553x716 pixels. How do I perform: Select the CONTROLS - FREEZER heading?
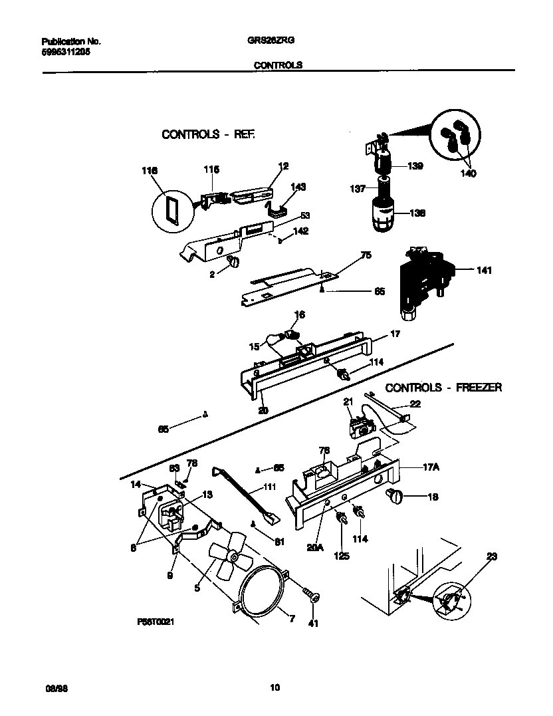[443, 388]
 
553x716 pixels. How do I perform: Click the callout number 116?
[150, 171]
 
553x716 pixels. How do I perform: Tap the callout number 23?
[492, 556]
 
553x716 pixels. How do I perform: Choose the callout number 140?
[468, 174]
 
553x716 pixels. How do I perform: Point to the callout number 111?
[270, 487]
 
